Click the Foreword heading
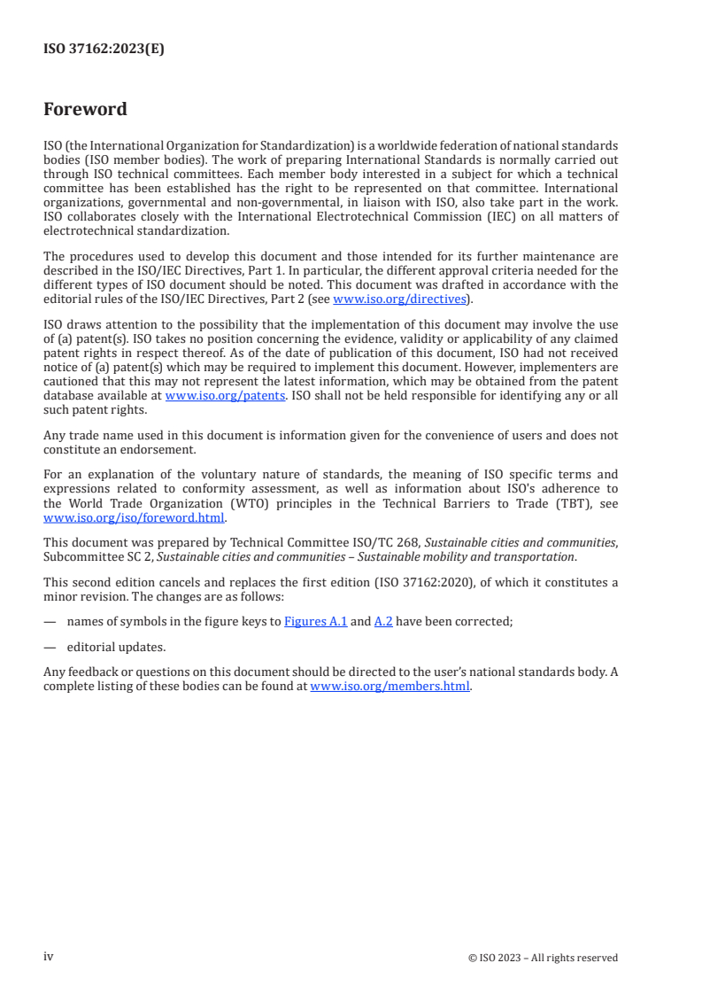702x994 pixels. point(85,110)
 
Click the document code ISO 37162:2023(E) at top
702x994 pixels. point(104,50)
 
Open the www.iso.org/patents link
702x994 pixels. point(225,396)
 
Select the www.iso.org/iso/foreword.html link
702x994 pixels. point(135,518)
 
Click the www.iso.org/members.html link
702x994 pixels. point(390,686)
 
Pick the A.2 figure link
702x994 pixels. point(382,622)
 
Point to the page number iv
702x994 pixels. point(49,957)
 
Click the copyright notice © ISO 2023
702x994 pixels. point(543,958)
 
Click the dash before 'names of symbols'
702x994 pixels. point(49,622)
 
